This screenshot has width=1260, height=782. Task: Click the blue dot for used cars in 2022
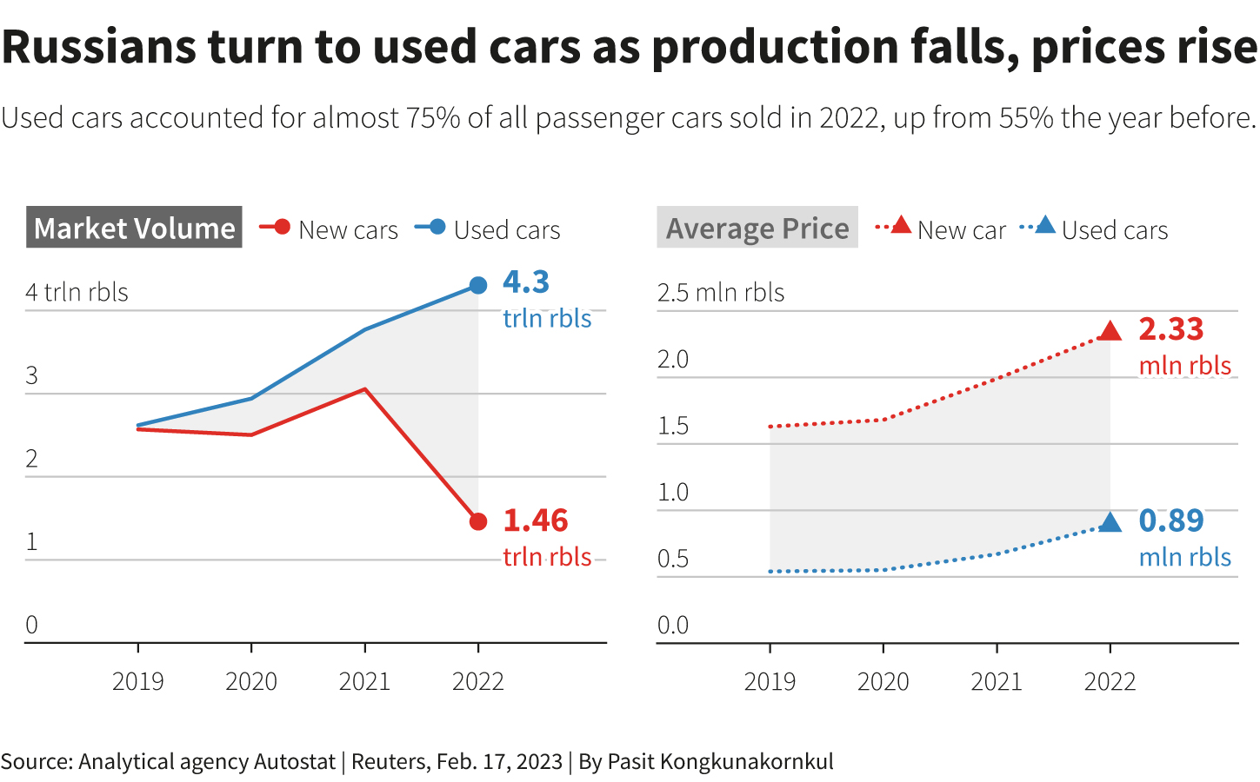pyautogui.click(x=478, y=285)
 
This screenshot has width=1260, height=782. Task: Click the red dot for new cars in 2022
pyautogui.click(x=478, y=521)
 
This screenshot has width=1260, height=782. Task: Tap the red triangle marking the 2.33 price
pyautogui.click(x=1110, y=331)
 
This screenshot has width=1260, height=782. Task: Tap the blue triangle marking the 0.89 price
pyautogui.click(x=1110, y=522)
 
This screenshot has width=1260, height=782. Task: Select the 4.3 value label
pyautogui.click(x=526, y=282)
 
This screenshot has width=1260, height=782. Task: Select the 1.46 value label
pyautogui.click(x=535, y=520)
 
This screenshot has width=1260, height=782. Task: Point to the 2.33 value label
pyautogui.click(x=1170, y=329)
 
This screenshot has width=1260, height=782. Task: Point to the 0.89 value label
pyautogui.click(x=1170, y=520)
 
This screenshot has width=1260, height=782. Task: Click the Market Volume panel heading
pyautogui.click(x=134, y=228)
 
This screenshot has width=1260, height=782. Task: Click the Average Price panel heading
pyautogui.click(x=757, y=228)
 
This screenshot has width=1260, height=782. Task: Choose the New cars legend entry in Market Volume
pyautogui.click(x=330, y=229)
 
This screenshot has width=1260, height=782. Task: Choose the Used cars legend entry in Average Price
pyautogui.click(x=1095, y=229)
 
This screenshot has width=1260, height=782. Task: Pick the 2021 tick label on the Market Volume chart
pyautogui.click(x=364, y=681)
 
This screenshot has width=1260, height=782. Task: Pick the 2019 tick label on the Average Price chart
pyautogui.click(x=770, y=681)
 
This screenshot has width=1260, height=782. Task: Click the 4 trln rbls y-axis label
pyautogui.click(x=77, y=292)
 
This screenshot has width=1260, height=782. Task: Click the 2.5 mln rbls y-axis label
pyautogui.click(x=720, y=292)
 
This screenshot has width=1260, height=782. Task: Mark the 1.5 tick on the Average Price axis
pyautogui.click(x=673, y=426)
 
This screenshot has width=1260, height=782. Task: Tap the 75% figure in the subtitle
pyautogui.click(x=433, y=117)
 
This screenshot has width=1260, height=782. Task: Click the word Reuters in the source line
pyautogui.click(x=389, y=762)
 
